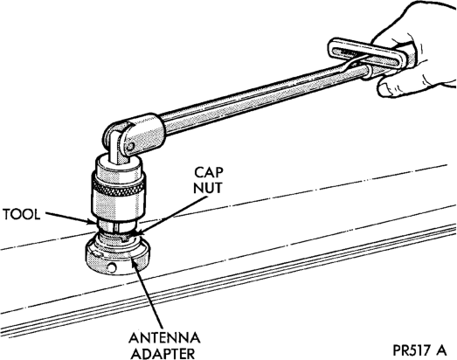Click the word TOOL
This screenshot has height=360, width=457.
(21, 215)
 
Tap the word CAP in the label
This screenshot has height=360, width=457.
(209, 172)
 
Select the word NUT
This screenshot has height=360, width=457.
(208, 188)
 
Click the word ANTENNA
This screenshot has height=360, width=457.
(164, 338)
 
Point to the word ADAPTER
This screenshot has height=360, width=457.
(163, 353)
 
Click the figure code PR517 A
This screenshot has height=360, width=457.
(419, 350)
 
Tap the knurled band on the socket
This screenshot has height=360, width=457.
(118, 188)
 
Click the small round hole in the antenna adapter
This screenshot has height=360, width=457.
(111, 267)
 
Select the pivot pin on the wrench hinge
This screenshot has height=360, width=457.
(131, 145)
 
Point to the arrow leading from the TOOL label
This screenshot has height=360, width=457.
(70, 218)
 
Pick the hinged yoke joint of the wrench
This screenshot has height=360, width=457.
(133, 135)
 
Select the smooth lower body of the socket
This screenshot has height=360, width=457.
(118, 209)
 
